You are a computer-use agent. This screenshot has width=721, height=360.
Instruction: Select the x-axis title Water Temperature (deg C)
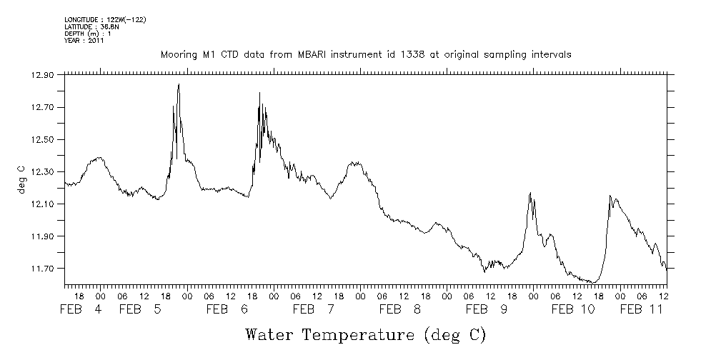coord(366,334)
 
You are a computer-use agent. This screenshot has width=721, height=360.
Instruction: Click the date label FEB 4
coord(80,309)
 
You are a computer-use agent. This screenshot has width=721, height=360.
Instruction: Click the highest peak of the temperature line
coord(178,84)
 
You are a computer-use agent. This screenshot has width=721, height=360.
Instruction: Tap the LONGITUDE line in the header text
coord(105,19)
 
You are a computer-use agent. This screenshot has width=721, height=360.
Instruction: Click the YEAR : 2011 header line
coord(84,41)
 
